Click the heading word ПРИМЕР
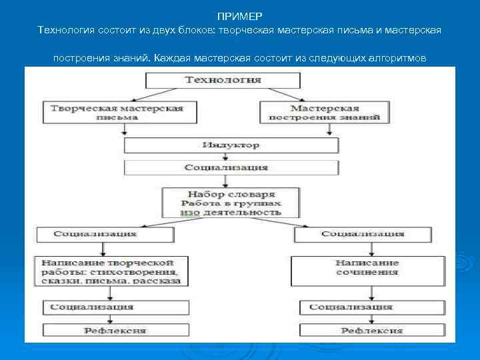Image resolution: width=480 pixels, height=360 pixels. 240,15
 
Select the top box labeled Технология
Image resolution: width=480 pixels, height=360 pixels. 223,80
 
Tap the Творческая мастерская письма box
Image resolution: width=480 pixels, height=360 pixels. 121,112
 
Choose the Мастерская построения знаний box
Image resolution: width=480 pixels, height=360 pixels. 325,112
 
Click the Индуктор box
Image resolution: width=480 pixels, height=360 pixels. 231,145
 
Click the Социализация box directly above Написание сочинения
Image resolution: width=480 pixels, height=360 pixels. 362,234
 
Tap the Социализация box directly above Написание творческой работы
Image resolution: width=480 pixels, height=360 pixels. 104,234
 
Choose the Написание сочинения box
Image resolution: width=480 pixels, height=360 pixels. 367,267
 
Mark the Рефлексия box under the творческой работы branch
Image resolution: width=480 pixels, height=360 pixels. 110,330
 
